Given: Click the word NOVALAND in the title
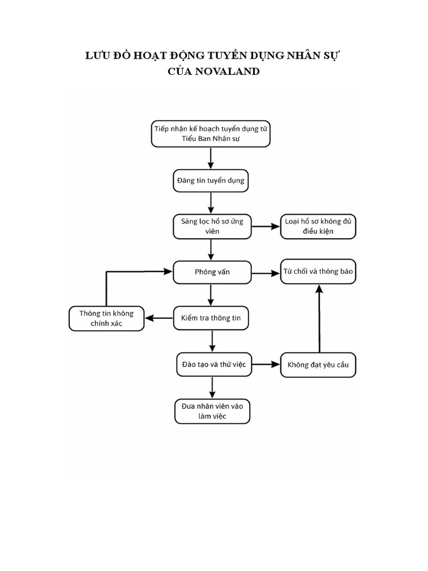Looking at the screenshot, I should (x=228, y=71).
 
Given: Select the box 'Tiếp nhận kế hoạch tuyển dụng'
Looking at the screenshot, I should (x=211, y=133).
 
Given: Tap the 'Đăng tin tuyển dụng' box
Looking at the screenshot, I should (x=210, y=181).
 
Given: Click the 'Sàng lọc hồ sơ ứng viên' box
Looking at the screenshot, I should (x=212, y=226).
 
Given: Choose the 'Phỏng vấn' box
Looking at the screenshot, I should (x=212, y=272).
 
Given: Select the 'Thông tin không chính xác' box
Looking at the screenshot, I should (x=106, y=318).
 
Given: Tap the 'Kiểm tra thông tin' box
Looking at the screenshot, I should (x=211, y=318).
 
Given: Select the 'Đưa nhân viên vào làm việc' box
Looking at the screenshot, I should (x=212, y=412).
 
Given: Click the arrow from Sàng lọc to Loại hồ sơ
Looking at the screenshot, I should (x=265, y=226).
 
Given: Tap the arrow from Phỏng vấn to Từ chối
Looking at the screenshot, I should (x=265, y=273).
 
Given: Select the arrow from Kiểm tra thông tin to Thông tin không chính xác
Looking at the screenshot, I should (x=159, y=318).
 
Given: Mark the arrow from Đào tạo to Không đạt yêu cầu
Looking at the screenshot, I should (x=265, y=364).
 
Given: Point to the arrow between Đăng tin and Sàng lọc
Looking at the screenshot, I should (x=211, y=203).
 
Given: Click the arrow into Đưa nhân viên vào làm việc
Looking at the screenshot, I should (x=212, y=388).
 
